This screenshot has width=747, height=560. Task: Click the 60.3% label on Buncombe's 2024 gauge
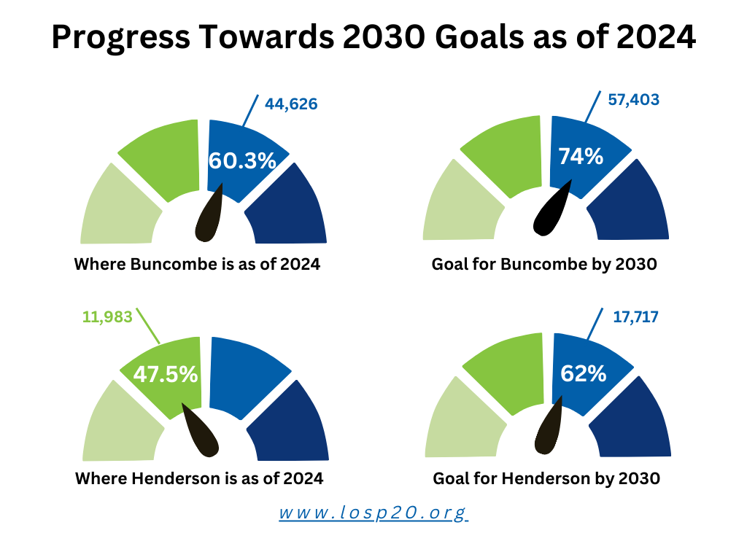(x=242, y=160)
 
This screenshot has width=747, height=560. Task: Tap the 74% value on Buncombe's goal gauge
(x=581, y=156)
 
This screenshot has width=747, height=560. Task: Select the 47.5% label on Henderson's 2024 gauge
(x=166, y=374)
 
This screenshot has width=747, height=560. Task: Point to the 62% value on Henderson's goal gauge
(x=583, y=373)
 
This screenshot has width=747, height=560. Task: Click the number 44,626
(x=291, y=104)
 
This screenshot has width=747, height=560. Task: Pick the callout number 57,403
(x=634, y=99)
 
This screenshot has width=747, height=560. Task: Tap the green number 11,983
(x=107, y=316)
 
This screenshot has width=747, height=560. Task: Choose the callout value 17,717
(x=635, y=316)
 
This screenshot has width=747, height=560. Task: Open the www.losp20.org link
(x=373, y=513)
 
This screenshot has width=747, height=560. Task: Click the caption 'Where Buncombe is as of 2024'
(x=197, y=264)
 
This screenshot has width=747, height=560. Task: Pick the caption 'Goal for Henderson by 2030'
(x=546, y=478)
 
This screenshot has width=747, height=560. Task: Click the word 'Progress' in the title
(x=121, y=37)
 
